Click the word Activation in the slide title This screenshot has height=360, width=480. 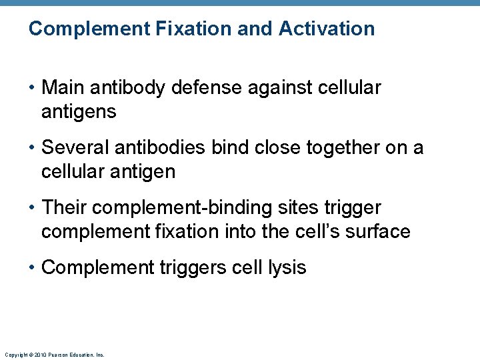coord(327,29)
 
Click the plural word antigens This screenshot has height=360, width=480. coord(79,112)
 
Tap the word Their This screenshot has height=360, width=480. coord(64,208)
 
